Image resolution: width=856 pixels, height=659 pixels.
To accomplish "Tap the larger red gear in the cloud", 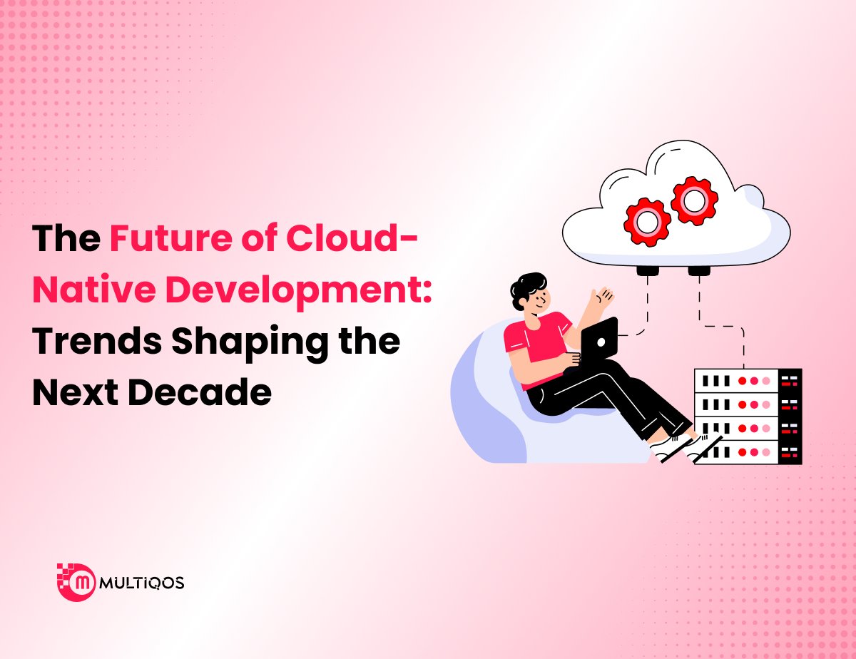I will click(x=693, y=200).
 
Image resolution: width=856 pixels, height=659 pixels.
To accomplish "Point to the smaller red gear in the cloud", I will click(x=646, y=221).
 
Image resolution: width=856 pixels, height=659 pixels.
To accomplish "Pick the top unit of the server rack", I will click(x=748, y=381).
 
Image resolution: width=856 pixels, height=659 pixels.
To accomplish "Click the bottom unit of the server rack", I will click(x=748, y=452).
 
